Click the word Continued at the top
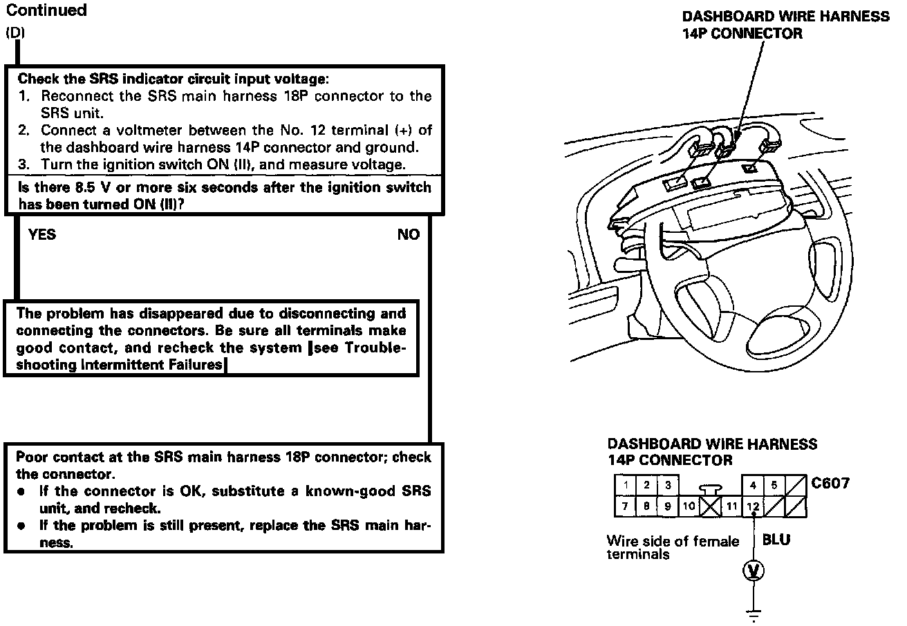(x=46, y=10)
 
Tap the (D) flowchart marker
(x=15, y=32)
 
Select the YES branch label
(x=42, y=235)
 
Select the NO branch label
(x=408, y=235)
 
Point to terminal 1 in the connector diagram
(x=624, y=486)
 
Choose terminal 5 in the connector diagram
(x=774, y=486)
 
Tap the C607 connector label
(x=830, y=483)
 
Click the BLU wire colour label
(x=776, y=539)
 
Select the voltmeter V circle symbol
(x=753, y=571)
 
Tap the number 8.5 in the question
(x=89, y=188)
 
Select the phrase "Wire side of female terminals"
(x=672, y=547)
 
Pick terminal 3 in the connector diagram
(x=668, y=486)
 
